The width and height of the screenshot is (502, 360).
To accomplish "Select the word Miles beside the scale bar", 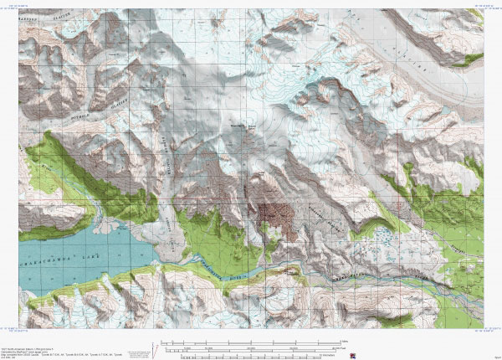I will pos(344,341).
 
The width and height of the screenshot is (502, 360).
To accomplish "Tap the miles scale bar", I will pos(251,342).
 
